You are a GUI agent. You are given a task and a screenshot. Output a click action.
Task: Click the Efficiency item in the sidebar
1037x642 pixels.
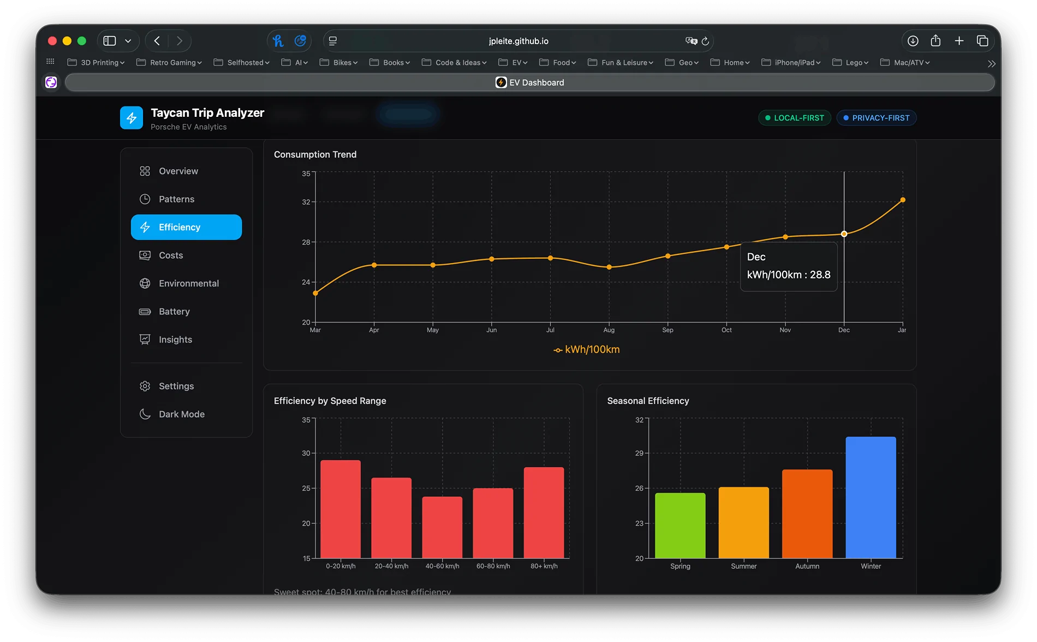point(186,227)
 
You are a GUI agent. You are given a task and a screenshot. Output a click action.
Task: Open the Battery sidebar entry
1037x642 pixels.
point(174,312)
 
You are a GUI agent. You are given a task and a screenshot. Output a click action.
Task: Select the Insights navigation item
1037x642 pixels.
point(175,340)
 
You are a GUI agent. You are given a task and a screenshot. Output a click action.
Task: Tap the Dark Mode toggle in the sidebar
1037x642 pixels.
point(181,414)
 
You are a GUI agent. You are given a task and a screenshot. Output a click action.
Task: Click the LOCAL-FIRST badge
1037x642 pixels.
point(794,118)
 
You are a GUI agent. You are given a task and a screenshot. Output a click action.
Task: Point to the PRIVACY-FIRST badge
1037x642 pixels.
point(876,118)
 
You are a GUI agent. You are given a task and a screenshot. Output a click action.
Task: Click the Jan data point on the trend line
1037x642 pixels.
point(903,200)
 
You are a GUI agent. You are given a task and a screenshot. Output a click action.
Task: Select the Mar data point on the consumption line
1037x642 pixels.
point(315,293)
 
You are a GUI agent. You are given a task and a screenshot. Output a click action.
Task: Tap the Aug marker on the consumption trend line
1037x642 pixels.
point(609,267)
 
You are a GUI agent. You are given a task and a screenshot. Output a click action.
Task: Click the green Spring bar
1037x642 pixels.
point(680,525)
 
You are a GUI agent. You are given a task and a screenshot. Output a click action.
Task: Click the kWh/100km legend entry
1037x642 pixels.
point(587,350)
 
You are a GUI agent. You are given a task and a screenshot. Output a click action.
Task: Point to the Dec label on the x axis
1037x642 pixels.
point(844,330)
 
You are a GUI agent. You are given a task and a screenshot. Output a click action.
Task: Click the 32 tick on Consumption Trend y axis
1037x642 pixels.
point(306,202)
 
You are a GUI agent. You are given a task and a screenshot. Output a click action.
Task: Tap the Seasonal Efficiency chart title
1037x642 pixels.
point(648,401)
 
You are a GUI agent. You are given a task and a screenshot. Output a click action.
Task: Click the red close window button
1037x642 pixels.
point(52,41)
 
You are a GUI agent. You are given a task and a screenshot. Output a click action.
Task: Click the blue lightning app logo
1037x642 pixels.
point(132,118)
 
